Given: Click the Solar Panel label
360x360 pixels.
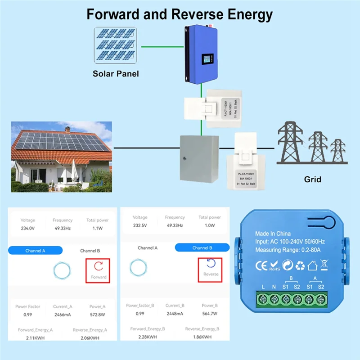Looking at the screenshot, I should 116,74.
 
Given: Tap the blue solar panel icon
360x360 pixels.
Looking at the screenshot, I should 116,45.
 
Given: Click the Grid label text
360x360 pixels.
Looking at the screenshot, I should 313,179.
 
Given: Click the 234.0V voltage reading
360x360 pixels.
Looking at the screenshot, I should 27,228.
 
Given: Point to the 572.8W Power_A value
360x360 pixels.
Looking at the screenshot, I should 97,314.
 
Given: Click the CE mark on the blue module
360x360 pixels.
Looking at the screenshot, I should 261,264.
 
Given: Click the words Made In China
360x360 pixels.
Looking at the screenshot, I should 273,234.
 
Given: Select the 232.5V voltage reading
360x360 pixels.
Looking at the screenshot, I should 140,225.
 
